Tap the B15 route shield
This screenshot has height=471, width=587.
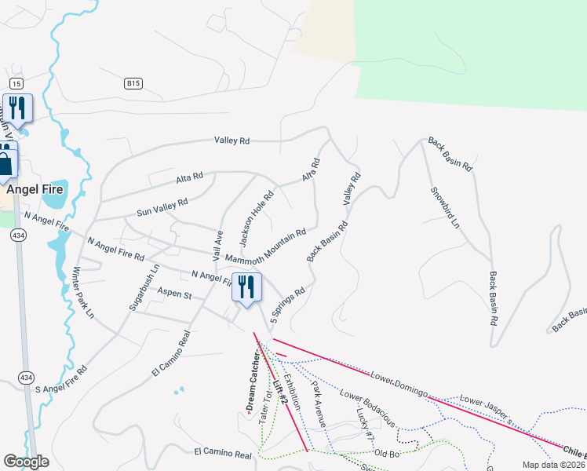133,82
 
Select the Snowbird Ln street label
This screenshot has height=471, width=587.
444,207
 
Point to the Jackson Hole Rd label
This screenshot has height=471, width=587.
257,216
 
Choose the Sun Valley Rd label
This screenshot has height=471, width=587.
162,207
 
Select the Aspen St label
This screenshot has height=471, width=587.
174,295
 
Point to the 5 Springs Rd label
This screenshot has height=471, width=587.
286,305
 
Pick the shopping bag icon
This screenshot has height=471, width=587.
6,162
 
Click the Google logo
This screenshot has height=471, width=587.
27,462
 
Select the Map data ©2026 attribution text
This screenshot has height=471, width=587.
552,465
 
